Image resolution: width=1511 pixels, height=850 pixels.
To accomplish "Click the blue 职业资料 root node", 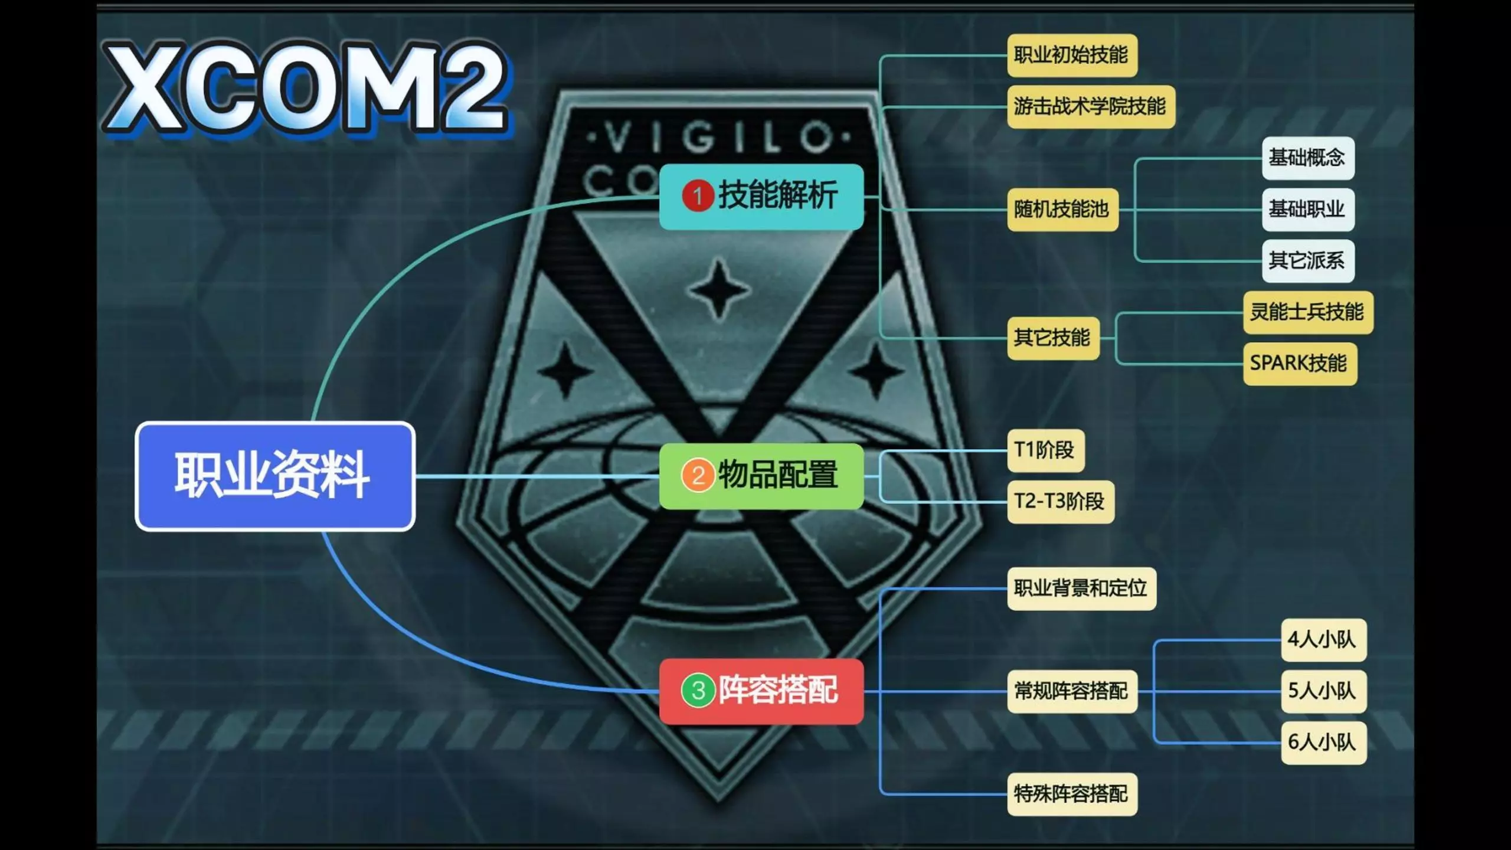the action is point(275,476).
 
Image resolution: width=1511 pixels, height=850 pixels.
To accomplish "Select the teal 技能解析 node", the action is point(761,197).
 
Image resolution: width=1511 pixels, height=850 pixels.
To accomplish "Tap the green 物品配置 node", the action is point(761,476).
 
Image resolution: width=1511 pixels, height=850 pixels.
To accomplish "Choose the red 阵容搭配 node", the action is point(761,691).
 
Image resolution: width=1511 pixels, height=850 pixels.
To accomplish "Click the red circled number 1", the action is point(698,196).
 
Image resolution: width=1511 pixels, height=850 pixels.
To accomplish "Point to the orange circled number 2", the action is point(698,475).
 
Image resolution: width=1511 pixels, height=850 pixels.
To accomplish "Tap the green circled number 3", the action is point(698,691).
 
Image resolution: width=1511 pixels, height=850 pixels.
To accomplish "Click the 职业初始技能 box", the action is point(1072,55).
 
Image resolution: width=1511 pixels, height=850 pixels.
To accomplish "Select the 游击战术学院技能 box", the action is point(1091,107).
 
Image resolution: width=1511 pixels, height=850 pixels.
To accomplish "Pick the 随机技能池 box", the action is point(1062,210).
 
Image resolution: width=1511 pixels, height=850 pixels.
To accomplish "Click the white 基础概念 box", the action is point(1308,158).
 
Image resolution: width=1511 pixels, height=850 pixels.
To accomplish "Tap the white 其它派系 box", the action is point(1308,261).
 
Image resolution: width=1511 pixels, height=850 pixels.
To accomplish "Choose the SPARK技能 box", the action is point(1300,364).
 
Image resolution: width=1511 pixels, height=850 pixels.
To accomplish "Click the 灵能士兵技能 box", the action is point(1308,312).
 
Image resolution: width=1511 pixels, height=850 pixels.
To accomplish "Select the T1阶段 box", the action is point(1045,450).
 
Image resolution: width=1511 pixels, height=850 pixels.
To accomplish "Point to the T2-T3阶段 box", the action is point(1061,502).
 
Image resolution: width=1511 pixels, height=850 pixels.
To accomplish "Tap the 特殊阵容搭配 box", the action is point(1072,794).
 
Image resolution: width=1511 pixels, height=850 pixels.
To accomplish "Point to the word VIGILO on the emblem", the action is point(719,138).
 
